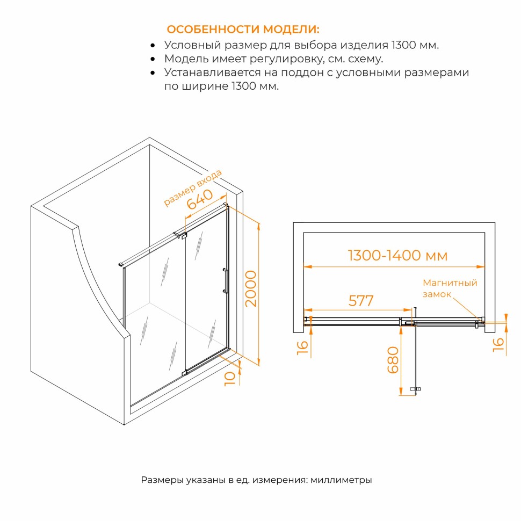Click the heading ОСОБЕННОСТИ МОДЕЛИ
click(x=243, y=29)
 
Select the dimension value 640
click(x=199, y=199)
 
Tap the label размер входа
click(x=193, y=188)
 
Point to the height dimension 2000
click(x=251, y=288)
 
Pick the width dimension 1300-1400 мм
click(x=397, y=256)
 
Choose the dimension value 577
click(x=361, y=301)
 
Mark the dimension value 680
click(x=393, y=360)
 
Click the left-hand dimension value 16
click(x=303, y=348)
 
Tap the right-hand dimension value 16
click(x=498, y=345)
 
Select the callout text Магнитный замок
click(x=450, y=288)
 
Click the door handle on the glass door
click(x=225, y=281)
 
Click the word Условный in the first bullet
click(x=192, y=45)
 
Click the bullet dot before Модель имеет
click(x=153, y=59)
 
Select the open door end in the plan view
click(x=415, y=389)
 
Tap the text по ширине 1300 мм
click(x=221, y=86)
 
